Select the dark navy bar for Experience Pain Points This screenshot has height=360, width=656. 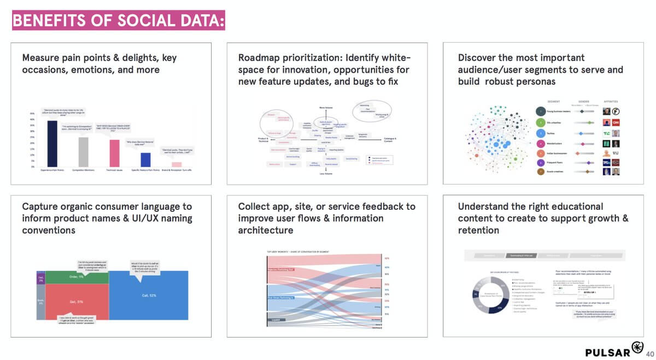(x=52, y=143)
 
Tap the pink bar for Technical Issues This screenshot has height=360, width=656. (x=114, y=153)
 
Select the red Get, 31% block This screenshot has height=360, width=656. (x=76, y=301)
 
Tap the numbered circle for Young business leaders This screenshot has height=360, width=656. (x=540, y=111)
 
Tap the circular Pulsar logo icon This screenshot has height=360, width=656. (x=637, y=347)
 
